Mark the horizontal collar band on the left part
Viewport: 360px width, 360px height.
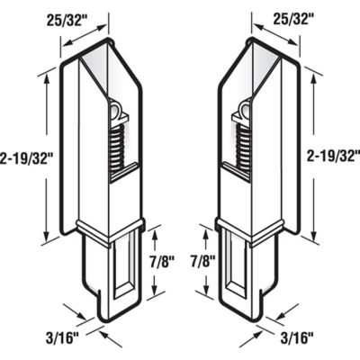[x=110, y=226]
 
